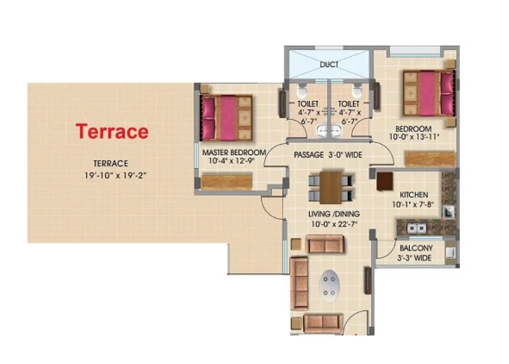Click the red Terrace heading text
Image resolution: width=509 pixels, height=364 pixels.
(113, 132)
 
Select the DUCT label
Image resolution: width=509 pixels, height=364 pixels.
(329, 64)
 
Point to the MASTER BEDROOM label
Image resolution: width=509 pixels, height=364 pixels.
(234, 153)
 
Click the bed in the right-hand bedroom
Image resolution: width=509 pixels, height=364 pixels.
(428, 93)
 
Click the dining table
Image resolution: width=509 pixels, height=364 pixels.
(330, 187)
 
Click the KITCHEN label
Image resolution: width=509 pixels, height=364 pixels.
(414, 194)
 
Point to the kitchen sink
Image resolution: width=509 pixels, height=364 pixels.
(416, 226)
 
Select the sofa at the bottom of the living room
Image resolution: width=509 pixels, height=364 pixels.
(323, 322)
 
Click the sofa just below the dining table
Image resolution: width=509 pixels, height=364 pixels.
(324, 244)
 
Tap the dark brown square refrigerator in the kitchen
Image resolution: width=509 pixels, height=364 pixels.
(384, 182)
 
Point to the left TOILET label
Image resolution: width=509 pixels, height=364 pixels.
(308, 103)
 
